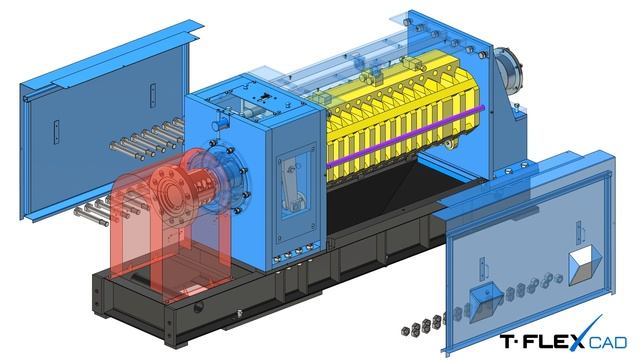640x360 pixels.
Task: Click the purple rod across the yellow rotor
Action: (406, 135)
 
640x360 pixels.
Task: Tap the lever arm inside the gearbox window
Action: (291, 184)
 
